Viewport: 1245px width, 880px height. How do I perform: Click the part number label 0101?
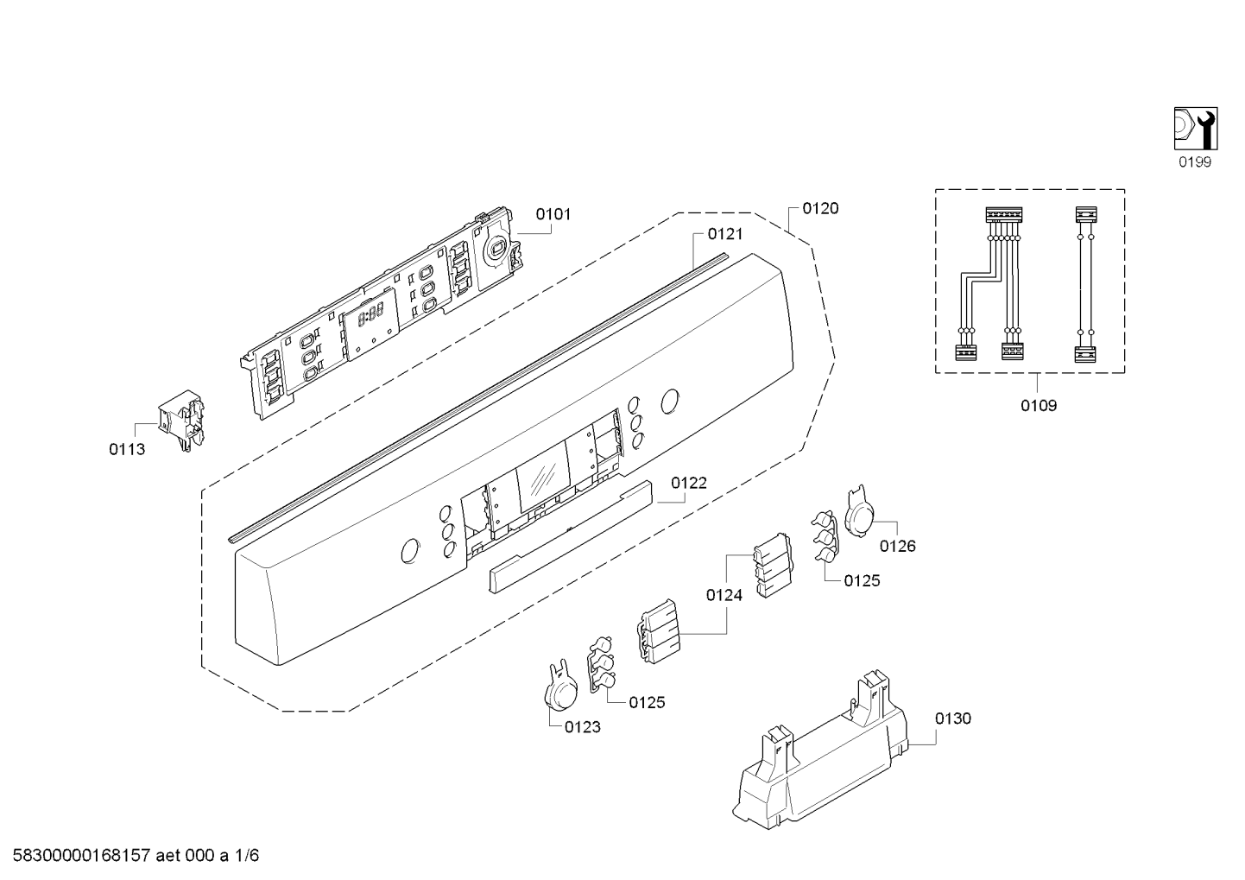coord(553,214)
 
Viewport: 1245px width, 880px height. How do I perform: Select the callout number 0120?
coord(820,208)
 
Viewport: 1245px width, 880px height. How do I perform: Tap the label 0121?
coord(724,234)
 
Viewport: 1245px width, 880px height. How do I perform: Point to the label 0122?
coord(689,483)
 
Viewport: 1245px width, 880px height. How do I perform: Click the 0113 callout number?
coord(127,449)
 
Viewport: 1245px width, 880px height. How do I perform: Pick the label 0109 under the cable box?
coord(1039,406)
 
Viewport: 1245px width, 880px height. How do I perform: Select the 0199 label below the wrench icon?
coord(1195,162)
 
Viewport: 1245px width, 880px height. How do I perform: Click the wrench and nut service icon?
coord(1196,129)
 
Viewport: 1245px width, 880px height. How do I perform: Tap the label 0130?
coord(952,719)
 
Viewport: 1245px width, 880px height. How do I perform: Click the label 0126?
coord(898,546)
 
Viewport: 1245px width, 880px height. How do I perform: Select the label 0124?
coord(724,595)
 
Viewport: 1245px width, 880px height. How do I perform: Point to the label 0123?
coord(583,727)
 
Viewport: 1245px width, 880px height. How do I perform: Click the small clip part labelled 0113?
coord(181,420)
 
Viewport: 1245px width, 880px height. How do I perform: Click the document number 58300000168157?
coord(82,856)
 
